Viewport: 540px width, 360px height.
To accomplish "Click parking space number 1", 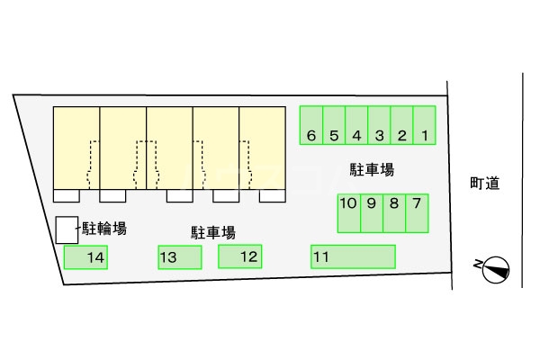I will click(425, 126).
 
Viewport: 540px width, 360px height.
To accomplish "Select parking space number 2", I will click(402, 126).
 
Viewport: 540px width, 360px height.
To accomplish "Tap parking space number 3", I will click(379, 126).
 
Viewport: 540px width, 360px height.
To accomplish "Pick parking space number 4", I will click(356, 126).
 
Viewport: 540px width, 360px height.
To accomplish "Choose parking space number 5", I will click(334, 126).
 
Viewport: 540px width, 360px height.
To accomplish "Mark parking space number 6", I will click(310, 126).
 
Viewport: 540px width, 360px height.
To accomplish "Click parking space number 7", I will click(417, 213).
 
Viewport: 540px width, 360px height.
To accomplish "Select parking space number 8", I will click(394, 213).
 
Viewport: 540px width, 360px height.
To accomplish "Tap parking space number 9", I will click(372, 213).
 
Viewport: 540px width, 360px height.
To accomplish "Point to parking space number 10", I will click(349, 213).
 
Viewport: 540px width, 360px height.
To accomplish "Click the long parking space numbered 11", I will click(353, 256).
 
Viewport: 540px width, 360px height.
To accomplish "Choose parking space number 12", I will click(239, 256).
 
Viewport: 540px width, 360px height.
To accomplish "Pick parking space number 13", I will click(179, 257).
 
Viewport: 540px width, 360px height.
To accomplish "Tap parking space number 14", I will click(85, 257).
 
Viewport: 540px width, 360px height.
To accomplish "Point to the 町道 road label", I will click(484, 184).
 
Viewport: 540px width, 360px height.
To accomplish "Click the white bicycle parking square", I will click(66, 229).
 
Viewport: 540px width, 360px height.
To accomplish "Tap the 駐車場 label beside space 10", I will click(372, 168).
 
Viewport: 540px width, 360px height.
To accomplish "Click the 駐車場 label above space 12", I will click(213, 232).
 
